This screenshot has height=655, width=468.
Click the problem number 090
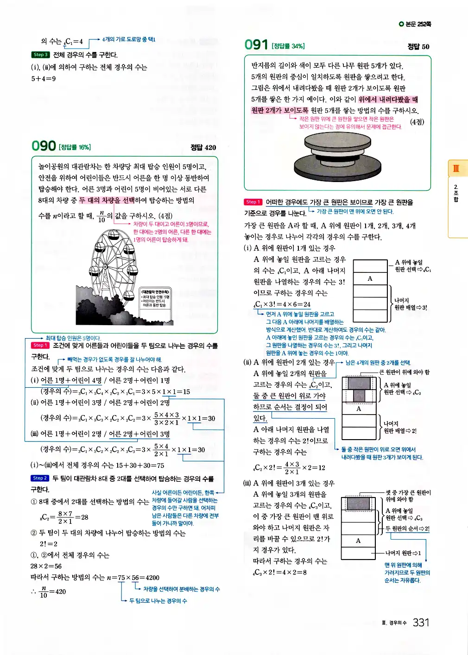click(44, 146)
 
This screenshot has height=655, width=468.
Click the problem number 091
click(256, 44)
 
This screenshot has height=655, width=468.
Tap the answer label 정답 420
click(203, 147)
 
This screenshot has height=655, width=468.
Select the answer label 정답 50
click(418, 46)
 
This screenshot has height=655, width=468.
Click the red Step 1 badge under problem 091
click(253, 202)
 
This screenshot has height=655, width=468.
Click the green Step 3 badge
click(40, 55)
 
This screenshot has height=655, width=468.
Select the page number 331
click(421, 622)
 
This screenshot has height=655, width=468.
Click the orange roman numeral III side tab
click(456, 168)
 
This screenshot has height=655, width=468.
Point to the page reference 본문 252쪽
click(415, 24)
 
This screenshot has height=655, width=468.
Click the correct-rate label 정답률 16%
click(75, 147)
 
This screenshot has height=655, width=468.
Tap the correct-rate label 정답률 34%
click(288, 46)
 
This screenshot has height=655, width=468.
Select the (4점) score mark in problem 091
click(417, 122)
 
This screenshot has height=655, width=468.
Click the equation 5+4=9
click(44, 79)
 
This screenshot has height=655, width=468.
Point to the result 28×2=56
click(46, 566)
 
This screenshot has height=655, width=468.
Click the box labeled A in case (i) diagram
click(370, 278)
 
